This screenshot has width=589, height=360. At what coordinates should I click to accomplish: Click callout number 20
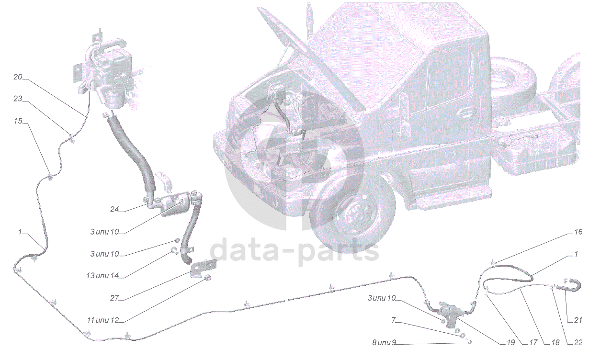(18, 77)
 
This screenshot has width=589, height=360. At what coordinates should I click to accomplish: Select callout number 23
(18, 99)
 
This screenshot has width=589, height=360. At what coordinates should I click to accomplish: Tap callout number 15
(18, 121)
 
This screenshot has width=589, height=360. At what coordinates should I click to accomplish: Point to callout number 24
(114, 209)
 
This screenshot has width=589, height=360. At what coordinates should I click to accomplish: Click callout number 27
(114, 298)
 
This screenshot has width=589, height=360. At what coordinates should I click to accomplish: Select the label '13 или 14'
(102, 276)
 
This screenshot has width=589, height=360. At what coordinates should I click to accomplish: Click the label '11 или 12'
(103, 320)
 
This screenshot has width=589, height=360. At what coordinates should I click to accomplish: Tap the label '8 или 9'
(384, 342)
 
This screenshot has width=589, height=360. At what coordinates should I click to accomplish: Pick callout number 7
(394, 320)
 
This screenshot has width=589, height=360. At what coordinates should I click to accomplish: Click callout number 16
(578, 232)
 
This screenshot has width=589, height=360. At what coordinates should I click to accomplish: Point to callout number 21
(578, 320)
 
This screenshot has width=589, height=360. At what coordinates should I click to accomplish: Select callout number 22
(578, 342)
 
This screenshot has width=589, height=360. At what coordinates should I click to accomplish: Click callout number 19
(511, 342)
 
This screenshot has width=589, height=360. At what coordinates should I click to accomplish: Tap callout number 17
(533, 342)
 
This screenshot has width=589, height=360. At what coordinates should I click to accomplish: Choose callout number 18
(555, 342)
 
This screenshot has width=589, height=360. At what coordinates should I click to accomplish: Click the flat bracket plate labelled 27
(204, 268)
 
